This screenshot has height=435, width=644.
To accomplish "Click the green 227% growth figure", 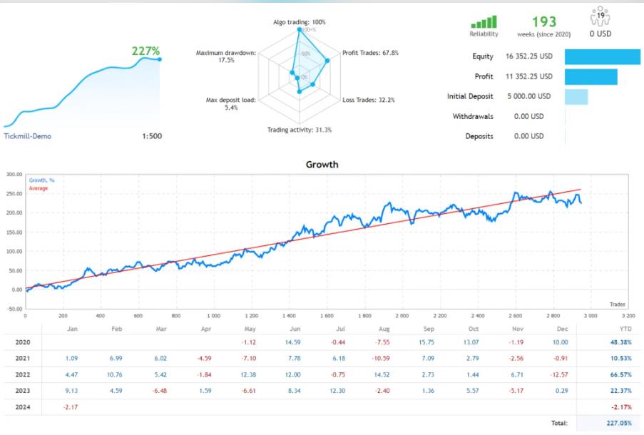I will coord(146,51).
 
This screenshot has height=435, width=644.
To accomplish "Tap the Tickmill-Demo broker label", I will coord(27,136).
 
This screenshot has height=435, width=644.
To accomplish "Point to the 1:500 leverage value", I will coord(152,136).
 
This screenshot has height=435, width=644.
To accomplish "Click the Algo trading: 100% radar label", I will coord(300,22).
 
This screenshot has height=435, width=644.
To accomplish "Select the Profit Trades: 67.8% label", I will coord(370,53).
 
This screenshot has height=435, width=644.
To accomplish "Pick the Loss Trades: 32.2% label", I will coord(369,100).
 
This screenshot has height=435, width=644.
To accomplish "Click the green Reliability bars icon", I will coord(484,22).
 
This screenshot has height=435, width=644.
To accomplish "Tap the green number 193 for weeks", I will coord(544,22).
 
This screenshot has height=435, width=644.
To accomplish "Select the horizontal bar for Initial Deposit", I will coord(576,96).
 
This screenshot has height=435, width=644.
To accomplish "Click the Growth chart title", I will coord(322,164).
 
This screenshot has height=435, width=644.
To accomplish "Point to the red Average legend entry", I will coord(39,188).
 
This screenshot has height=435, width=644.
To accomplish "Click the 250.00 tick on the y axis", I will coord(13,193).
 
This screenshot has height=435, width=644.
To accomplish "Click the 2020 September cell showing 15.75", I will coord(428,342).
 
